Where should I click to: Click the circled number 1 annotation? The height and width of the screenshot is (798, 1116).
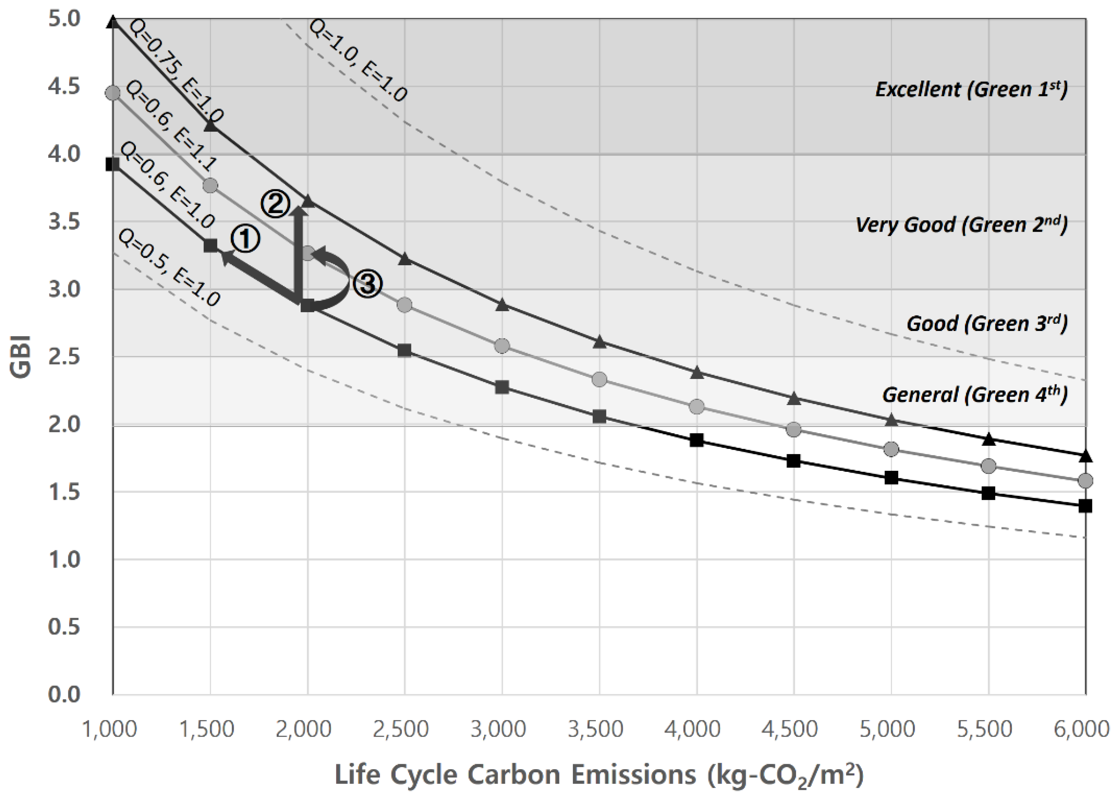(x=245, y=239)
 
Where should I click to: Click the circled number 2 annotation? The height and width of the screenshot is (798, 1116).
(x=275, y=204)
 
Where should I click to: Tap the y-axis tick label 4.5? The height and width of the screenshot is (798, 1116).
(x=64, y=86)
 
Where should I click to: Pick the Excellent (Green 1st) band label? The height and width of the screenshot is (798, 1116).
(x=971, y=89)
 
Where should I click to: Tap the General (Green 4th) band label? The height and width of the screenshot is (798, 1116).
(x=974, y=395)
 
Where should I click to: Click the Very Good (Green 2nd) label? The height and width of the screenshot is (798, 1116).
(x=961, y=224)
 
